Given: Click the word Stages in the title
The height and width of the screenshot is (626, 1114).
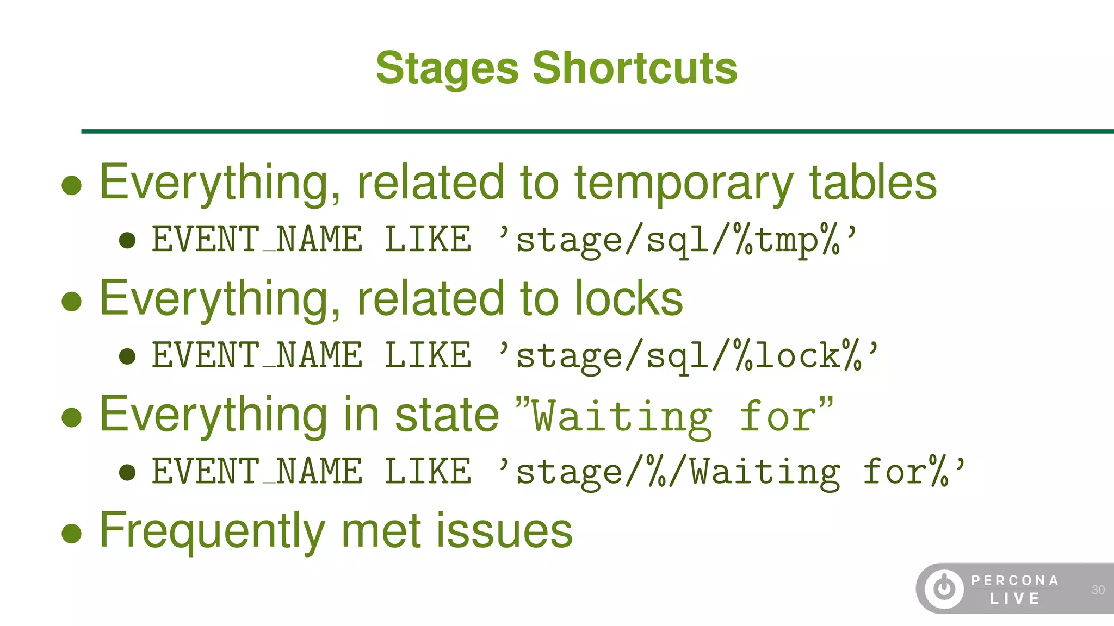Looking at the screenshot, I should (447, 69).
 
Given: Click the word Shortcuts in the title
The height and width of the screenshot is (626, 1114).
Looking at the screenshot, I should (635, 68).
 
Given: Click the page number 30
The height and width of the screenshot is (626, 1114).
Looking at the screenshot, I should (1098, 590).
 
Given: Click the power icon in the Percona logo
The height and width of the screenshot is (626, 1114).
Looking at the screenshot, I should (944, 589).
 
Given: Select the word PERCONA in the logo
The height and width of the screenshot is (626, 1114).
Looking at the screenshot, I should (1015, 581).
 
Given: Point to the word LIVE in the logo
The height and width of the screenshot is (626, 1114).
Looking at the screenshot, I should (1015, 599).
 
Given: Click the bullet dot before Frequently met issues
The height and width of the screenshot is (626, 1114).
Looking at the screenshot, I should (72, 533).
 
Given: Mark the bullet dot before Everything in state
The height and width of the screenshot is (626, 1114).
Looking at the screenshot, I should (72, 417).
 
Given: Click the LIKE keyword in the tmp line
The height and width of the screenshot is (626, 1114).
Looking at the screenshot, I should (428, 240).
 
